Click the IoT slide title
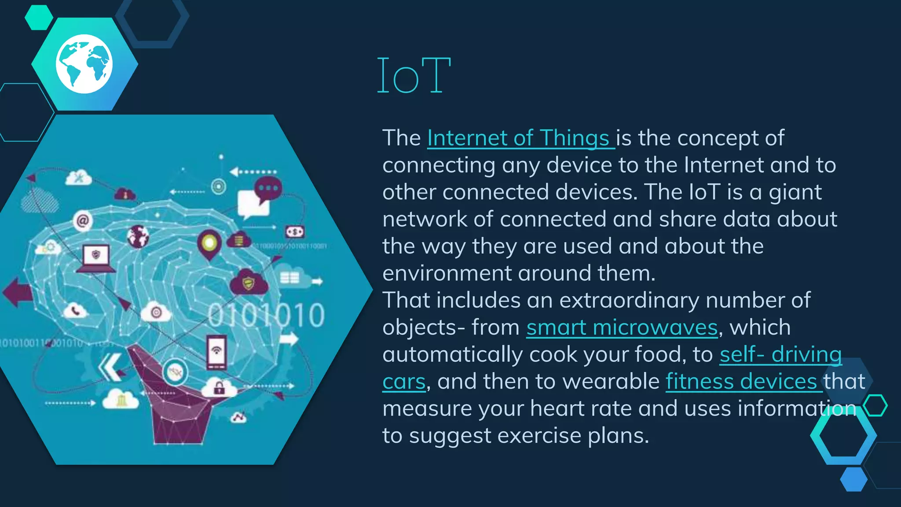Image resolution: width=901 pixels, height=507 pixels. pos(414,76)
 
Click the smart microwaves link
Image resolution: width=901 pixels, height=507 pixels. pos(622,327)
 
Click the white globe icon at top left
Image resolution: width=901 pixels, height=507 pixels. pos(84,64)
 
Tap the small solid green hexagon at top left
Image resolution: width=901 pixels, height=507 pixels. pos(39,17)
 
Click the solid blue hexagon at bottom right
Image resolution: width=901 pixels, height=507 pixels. pos(853,479)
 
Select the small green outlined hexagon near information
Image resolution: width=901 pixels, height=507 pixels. pos(875,406)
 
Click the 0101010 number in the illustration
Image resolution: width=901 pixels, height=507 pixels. pos(266,315)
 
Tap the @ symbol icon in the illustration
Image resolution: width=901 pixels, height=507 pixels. pos(83,220)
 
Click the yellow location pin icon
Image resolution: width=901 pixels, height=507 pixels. pos(209,243)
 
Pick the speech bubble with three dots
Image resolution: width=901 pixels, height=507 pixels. pos(267,188)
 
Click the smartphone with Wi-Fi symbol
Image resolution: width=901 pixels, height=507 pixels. pos(216,352)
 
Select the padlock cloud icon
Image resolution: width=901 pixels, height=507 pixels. pos(219,388)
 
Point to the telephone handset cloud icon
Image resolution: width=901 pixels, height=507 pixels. pos(76,311)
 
